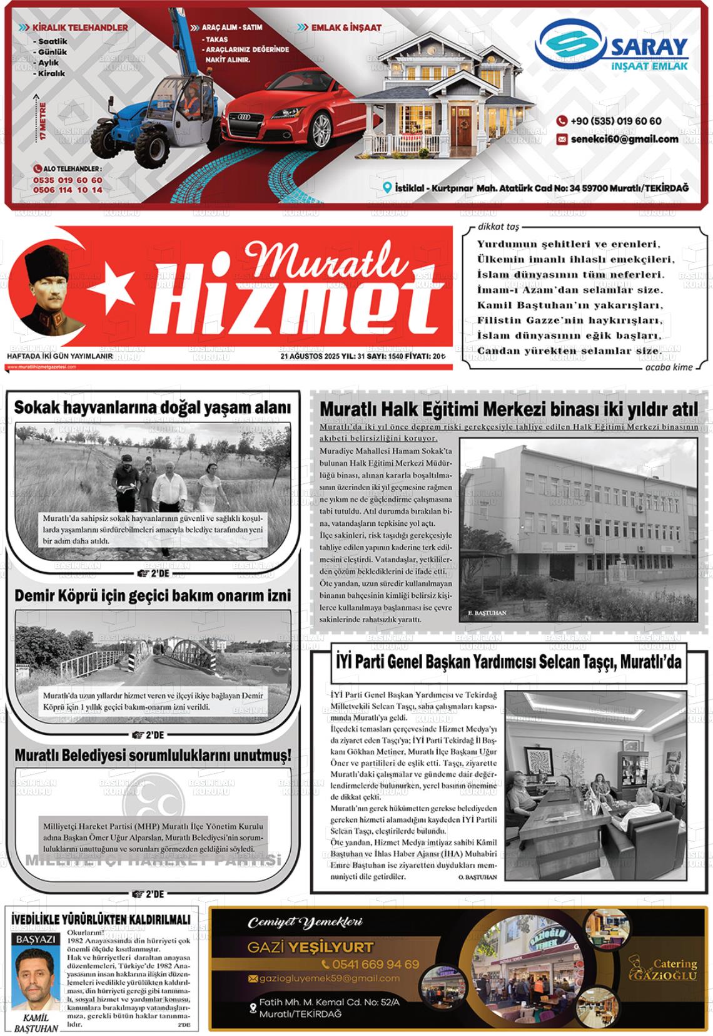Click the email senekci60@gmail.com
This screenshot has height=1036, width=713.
pyautogui.click(x=624, y=139)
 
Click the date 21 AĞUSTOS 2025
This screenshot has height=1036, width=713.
pyautogui.click(x=310, y=356)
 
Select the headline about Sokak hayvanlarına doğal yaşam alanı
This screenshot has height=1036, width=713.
pyautogui.click(x=153, y=408)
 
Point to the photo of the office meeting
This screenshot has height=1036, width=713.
pyautogui.click(x=595, y=785)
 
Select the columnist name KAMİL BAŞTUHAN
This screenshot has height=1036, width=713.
pyautogui.click(x=36, y=1022)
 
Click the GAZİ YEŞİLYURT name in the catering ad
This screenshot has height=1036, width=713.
pyautogui.click(x=310, y=946)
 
